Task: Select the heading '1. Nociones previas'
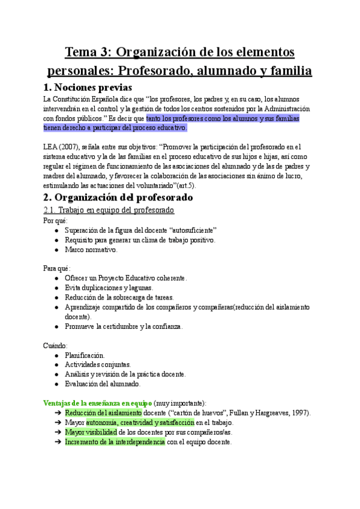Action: coord(88,88)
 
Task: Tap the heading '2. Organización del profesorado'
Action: coord(118,197)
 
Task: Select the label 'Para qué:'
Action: coord(56,268)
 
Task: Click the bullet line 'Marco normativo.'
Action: coord(91,250)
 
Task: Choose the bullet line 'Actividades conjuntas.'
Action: coord(98,364)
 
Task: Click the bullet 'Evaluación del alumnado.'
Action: coord(103,384)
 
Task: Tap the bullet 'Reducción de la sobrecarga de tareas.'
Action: coord(119,298)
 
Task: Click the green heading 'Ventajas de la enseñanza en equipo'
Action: coord(98,403)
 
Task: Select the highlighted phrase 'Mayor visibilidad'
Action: coord(92,432)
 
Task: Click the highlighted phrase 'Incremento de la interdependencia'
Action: coord(115,442)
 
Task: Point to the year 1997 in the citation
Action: coord(300,413)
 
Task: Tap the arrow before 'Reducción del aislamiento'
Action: coord(58,413)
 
